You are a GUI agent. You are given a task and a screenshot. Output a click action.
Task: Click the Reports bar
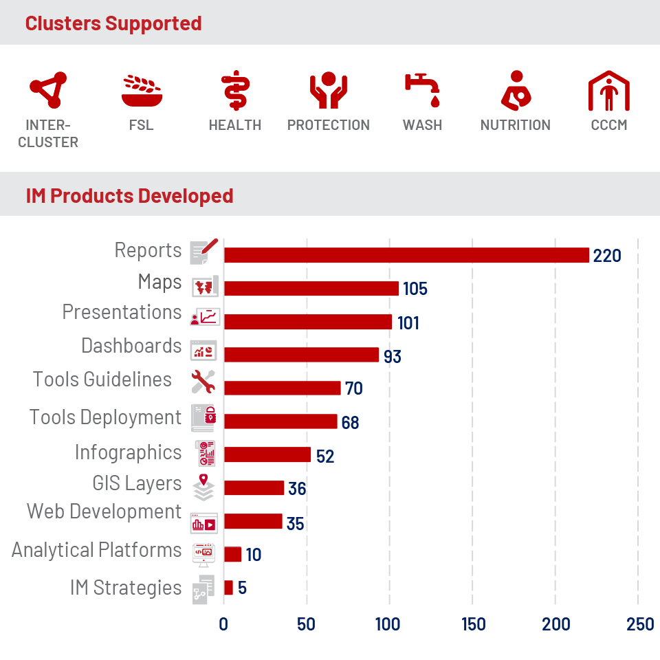(406, 255)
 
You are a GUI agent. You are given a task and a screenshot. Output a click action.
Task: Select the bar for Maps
(311, 288)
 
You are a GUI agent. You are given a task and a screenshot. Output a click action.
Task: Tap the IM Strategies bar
(228, 588)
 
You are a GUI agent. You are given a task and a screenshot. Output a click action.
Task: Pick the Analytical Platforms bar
(233, 554)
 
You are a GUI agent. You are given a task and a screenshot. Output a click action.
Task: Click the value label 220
(607, 256)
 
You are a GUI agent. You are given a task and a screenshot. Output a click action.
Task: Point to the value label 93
(393, 357)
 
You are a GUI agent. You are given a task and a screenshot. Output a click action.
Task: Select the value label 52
(325, 456)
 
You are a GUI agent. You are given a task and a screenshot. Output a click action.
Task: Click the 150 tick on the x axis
(474, 624)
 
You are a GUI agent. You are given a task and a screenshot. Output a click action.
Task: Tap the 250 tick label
(640, 624)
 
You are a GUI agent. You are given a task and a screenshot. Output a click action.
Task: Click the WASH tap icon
(422, 89)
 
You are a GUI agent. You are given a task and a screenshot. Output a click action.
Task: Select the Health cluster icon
(236, 91)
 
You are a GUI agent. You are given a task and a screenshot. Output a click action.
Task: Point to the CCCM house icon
(608, 91)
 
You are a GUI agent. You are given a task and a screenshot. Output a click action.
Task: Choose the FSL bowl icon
(142, 91)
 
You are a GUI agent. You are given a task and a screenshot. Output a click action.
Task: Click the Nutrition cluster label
(515, 125)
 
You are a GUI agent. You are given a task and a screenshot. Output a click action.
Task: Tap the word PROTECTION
(329, 125)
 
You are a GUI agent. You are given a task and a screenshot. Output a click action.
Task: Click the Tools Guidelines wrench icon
(203, 382)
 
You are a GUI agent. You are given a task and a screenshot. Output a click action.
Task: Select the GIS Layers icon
(203, 487)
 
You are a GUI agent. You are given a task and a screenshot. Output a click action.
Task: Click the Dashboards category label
(131, 346)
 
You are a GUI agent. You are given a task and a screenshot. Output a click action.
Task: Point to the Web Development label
(104, 511)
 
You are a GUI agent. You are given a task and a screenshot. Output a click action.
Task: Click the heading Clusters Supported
(113, 23)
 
